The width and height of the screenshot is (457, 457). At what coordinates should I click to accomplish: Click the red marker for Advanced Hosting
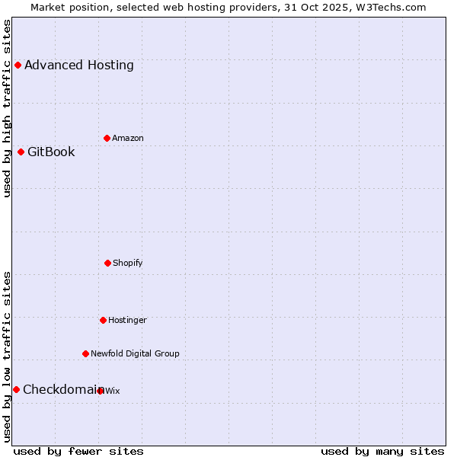18,65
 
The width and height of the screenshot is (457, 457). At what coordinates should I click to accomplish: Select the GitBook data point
21,152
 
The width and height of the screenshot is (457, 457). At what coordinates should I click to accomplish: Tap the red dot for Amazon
107,138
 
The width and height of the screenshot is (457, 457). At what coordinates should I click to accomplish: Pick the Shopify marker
107,263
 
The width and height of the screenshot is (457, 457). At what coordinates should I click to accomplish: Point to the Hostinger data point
103,320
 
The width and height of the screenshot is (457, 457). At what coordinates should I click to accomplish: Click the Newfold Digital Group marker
85,353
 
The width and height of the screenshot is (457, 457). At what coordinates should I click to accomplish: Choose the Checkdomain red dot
16,389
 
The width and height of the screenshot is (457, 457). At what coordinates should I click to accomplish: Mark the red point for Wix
101,391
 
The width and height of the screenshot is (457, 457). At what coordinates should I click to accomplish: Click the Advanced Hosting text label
79,65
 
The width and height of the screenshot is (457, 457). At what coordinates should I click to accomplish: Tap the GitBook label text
52,152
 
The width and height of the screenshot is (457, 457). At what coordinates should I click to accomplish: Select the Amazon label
128,138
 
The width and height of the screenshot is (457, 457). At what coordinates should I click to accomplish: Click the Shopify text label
128,263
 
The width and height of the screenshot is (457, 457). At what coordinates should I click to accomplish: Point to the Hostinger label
127,320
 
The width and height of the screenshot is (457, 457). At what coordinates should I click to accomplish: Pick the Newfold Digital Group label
135,353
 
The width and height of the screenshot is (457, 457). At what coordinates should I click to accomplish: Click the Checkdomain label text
61,389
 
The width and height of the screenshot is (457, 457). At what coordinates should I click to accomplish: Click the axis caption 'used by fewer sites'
78,451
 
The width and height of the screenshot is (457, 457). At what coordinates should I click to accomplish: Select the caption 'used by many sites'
382,451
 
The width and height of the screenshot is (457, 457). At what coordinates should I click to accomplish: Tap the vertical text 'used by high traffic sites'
7,108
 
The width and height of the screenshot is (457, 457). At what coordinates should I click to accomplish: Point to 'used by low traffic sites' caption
7,356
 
